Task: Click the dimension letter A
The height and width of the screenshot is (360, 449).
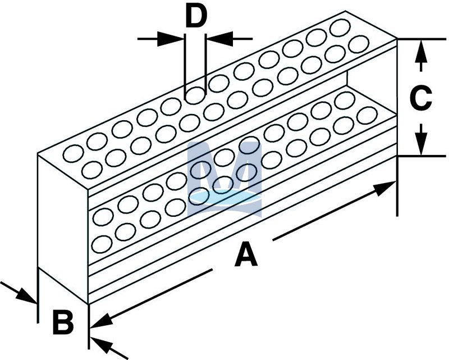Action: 246,256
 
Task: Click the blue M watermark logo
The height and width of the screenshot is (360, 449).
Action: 224,179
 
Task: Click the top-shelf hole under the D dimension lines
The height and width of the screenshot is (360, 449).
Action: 195,95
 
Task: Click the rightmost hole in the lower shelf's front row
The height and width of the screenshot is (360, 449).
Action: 366,116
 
